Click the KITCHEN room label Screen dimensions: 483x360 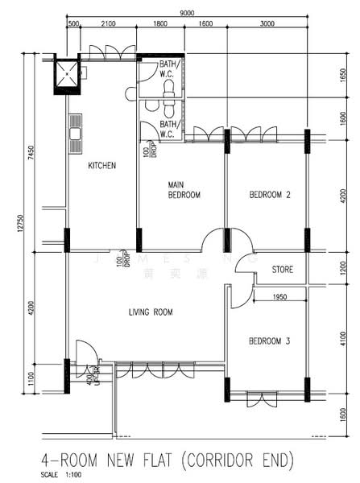(x=102, y=166)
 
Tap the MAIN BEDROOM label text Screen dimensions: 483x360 (x=184, y=190)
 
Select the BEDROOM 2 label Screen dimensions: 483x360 (x=269, y=195)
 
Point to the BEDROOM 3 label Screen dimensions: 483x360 (x=269, y=341)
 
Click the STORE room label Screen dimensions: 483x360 (x=282, y=270)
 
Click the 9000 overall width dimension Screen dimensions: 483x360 (x=186, y=14)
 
